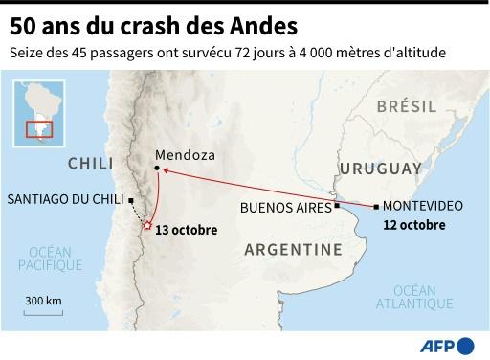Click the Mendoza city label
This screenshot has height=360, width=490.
[x=185, y=155]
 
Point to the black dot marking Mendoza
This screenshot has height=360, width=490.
[x=158, y=170]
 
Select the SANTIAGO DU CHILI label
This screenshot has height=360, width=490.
[x=65, y=200]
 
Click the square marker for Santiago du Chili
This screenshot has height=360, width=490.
[x=131, y=201]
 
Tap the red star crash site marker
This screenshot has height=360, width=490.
[x=146, y=226]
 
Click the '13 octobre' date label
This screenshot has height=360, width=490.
[x=186, y=230]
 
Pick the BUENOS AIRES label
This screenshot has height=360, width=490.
[x=285, y=207]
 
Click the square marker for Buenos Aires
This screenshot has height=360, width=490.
[x=337, y=205]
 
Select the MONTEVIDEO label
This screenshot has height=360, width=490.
[x=423, y=206]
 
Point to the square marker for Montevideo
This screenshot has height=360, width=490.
[x=376, y=205]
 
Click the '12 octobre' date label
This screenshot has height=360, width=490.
[x=413, y=225]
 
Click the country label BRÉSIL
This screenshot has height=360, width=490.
[x=406, y=107]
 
